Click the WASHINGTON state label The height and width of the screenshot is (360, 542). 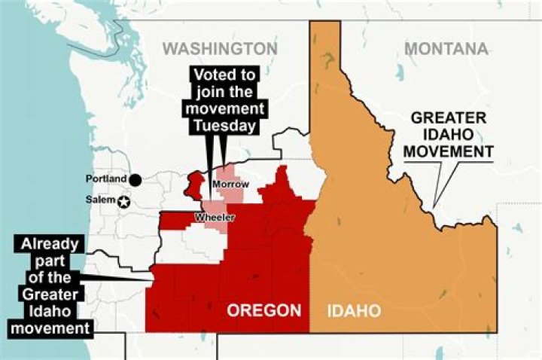(x=221, y=49)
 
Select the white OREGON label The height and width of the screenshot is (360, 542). (x=264, y=310)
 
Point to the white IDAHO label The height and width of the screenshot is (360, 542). (x=355, y=310)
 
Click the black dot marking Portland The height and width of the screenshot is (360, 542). (x=135, y=180)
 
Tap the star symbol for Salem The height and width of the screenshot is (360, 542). (x=123, y=201)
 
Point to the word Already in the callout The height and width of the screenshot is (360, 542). (x=50, y=245)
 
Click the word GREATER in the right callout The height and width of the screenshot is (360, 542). (x=448, y=118)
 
